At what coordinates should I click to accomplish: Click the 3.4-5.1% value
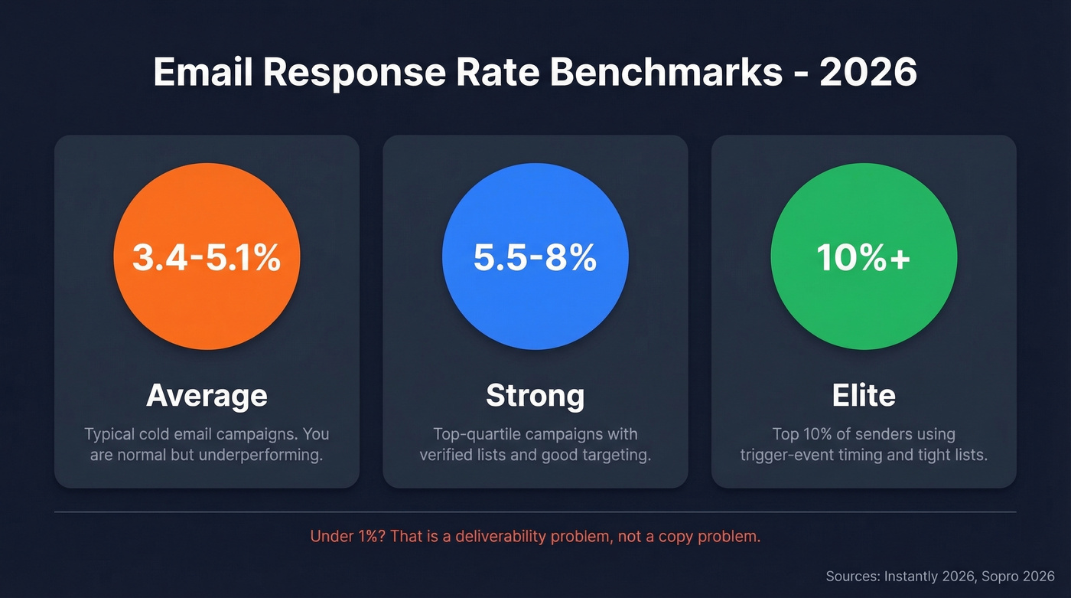207,258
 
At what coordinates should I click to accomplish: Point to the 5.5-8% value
535,258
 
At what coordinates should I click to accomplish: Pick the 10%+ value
863,258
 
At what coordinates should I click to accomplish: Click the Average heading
207,395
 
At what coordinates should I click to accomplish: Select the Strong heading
535,395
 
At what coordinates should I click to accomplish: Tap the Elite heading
863,395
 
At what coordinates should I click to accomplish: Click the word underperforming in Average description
264,455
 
